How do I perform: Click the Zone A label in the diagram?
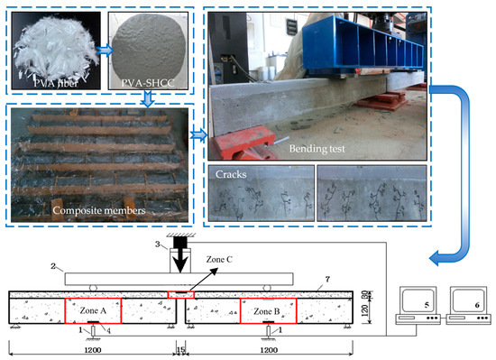(x=93, y=310)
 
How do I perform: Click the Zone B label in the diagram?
(x=267, y=311)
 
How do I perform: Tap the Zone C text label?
(x=219, y=260)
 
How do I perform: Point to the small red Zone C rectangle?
(x=180, y=294)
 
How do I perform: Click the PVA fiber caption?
(x=56, y=83)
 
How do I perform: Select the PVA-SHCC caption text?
(x=148, y=83)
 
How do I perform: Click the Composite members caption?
(x=99, y=210)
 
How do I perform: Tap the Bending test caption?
(x=317, y=148)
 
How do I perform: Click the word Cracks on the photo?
(x=231, y=174)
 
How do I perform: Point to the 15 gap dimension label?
(x=180, y=350)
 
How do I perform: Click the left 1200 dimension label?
(x=93, y=350)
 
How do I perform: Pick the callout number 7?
(x=327, y=279)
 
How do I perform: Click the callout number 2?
(x=53, y=266)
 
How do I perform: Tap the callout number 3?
(x=158, y=244)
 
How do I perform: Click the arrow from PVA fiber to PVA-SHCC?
(x=105, y=51)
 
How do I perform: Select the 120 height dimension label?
(x=364, y=311)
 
